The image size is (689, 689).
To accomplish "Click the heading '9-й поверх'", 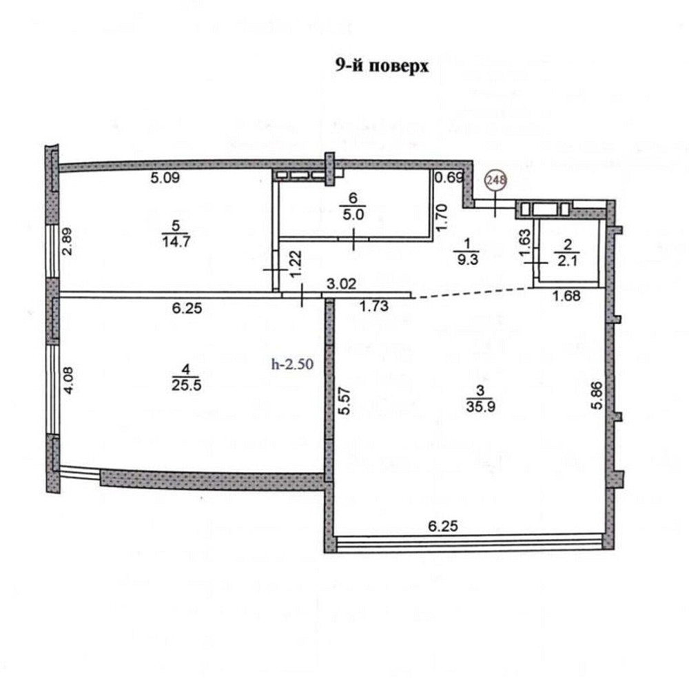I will (x=382, y=67).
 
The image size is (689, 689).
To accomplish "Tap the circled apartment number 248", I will (x=496, y=181).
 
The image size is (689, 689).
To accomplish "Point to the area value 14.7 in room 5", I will (x=158, y=241).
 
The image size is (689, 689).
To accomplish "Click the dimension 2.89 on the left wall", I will (x=67, y=241).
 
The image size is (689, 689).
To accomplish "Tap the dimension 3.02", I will (x=340, y=282).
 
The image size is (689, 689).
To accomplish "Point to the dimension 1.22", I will (x=294, y=264).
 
